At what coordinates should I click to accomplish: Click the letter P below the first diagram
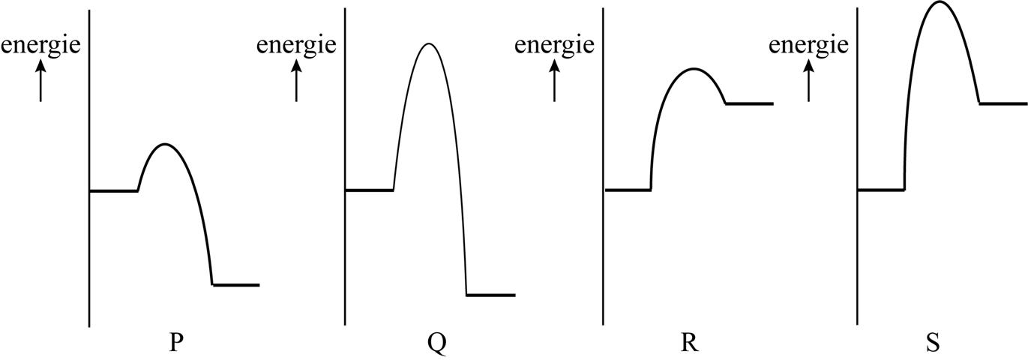click(x=175, y=343)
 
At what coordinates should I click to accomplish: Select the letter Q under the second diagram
click(x=436, y=343)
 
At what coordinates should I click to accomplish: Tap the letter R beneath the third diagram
click(x=690, y=343)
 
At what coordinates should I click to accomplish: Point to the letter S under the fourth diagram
click(x=933, y=343)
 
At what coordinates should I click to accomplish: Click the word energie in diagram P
click(x=40, y=46)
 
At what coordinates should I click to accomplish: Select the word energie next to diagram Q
click(x=296, y=46)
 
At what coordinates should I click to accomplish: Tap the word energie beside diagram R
click(x=554, y=46)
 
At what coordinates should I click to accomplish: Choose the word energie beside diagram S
click(x=808, y=46)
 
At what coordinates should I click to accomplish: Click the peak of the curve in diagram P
click(x=165, y=143)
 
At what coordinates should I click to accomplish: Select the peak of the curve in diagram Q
click(x=428, y=43)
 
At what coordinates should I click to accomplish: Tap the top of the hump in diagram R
click(x=694, y=69)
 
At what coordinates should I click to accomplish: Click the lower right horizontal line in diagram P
click(x=236, y=285)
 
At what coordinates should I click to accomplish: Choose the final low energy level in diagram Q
click(x=491, y=295)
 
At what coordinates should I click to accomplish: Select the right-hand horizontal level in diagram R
click(x=749, y=103)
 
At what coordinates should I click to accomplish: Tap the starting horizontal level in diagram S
click(x=881, y=190)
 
